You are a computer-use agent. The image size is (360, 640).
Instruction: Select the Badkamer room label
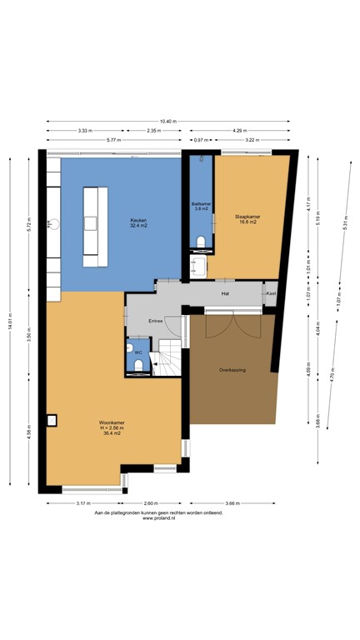point(201,205)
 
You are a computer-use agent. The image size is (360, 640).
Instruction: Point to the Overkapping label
point(232,369)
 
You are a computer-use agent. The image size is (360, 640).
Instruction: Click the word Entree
point(155,321)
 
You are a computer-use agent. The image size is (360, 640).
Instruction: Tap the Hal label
point(225,294)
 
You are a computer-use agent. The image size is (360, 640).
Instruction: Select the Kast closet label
point(270,294)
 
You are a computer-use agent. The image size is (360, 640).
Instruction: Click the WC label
point(138,352)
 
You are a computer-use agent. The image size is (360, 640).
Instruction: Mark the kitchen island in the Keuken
point(94,226)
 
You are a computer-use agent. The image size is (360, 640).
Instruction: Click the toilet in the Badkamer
point(201,242)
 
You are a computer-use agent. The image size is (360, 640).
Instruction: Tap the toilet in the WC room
point(138,367)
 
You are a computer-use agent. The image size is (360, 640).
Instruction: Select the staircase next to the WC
point(170,358)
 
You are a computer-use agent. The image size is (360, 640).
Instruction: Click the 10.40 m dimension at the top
point(168,122)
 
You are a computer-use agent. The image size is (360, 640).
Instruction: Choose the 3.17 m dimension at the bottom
point(84,503)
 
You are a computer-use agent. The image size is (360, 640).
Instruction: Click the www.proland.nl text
point(158,518)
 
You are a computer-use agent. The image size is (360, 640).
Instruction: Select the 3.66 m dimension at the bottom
point(232,503)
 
